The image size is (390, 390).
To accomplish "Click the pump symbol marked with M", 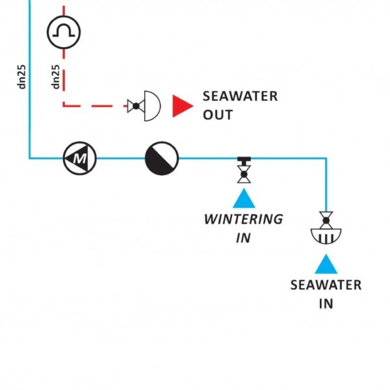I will click(79, 157).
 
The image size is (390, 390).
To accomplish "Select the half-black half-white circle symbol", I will click(161, 157).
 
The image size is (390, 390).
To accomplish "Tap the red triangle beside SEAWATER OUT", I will click(183, 105).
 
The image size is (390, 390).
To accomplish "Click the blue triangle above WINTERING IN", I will click(244, 198).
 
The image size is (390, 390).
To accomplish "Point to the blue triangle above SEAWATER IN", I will click(326, 263).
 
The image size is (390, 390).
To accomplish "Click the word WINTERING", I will click(244, 219).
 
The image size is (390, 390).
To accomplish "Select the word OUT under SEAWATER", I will click(218, 115).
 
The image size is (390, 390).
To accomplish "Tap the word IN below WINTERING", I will click(243, 238).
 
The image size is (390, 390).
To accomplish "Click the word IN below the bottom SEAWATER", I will click(326, 304).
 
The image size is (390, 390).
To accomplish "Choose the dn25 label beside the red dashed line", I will click(57, 77).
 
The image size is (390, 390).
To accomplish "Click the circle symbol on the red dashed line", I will click(63, 31).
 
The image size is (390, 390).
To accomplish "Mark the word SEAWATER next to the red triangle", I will click(240, 97).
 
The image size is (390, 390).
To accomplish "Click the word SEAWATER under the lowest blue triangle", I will click(326, 285).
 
